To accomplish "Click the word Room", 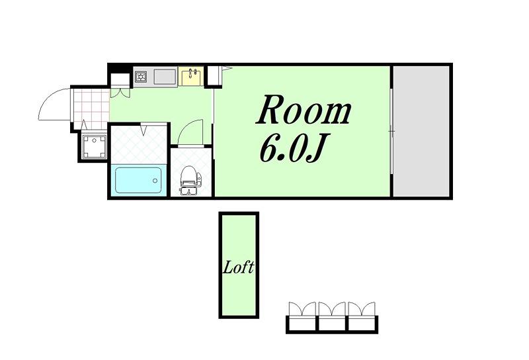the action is [304, 109].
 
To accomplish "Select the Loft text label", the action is [239, 267].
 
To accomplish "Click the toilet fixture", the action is [190, 181].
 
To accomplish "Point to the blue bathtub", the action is [139, 181].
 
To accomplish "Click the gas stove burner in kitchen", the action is [140, 77].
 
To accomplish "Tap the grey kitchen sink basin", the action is [165, 77].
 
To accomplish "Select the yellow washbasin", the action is [191, 76].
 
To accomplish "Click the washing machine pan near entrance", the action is [95, 146].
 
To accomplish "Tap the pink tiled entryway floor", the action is [91, 109].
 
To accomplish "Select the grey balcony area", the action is [421, 131].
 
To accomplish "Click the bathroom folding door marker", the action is [143, 128].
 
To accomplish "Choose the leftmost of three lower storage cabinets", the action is [302, 317].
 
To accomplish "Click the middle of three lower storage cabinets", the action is [332, 317].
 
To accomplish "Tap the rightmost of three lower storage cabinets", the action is [362, 317].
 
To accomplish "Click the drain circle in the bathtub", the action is [155, 181].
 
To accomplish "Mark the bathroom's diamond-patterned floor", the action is [139, 144].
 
